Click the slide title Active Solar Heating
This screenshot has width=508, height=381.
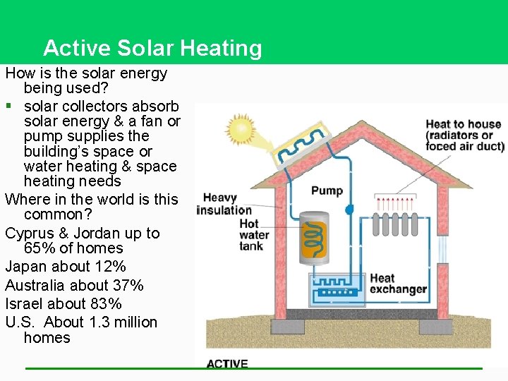(152, 48)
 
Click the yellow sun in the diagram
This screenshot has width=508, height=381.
(241, 129)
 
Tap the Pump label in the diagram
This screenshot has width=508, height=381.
(327, 190)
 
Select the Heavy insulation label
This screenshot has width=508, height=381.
(224, 203)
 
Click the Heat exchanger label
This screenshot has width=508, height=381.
(398, 283)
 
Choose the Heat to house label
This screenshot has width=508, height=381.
(464, 135)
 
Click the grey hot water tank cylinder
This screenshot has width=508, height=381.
(313, 239)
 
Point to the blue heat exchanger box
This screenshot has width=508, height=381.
(337, 289)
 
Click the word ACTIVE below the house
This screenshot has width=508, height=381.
(227, 364)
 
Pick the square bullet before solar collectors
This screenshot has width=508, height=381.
(8, 106)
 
